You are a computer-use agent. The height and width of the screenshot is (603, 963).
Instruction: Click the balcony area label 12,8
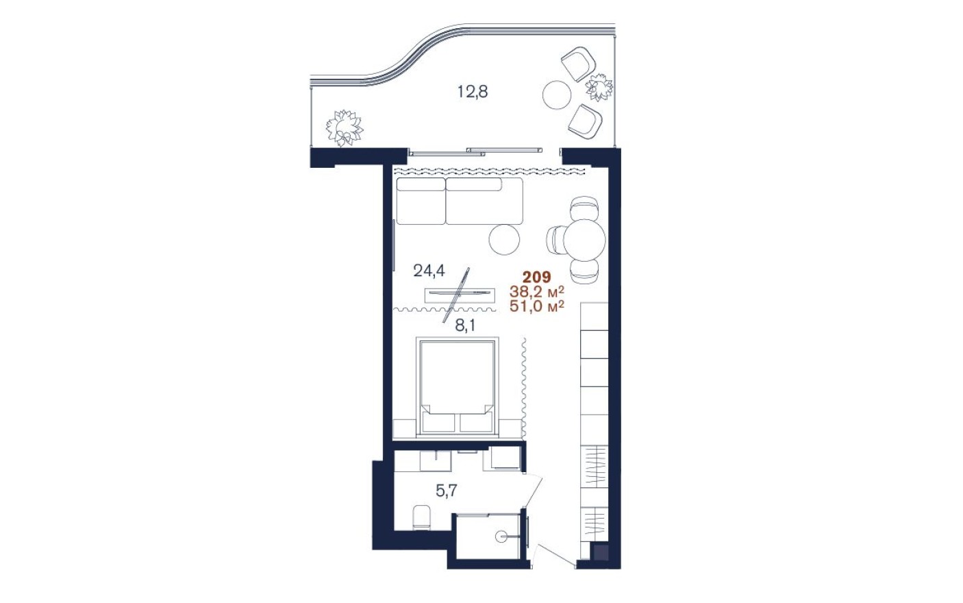[x=473, y=91]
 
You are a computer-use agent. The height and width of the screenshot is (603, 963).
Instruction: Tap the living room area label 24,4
[x=429, y=271]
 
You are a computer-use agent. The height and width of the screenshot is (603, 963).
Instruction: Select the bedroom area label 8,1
[x=465, y=325]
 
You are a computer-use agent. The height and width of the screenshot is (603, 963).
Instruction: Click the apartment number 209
[x=536, y=278]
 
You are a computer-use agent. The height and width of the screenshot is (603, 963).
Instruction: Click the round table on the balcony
[x=557, y=94]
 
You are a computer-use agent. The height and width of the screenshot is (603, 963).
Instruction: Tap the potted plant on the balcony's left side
[x=344, y=127]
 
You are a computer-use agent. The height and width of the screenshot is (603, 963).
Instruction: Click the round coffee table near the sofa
[x=505, y=238]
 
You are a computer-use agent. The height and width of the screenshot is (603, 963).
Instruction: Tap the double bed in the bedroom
[x=455, y=387]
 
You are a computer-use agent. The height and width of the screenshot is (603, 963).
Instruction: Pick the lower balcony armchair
[x=585, y=122]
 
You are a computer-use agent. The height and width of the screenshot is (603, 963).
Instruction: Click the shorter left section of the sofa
[x=421, y=201]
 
